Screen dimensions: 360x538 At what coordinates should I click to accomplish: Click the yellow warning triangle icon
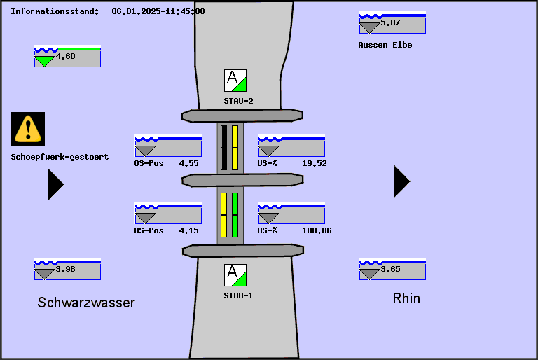[x=28, y=128]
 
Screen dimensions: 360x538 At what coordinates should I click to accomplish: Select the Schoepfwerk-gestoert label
[x=60, y=157]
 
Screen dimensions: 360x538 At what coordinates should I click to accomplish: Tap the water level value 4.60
[x=65, y=56]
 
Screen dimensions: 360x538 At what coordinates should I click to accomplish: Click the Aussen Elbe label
[x=385, y=45]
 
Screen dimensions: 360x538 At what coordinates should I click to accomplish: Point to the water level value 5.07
[x=390, y=22]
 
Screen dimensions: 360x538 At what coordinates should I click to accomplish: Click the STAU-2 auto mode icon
[x=235, y=81]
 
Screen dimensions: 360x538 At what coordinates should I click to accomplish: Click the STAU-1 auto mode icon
[x=235, y=275]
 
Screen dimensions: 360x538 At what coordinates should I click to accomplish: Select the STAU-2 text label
[x=238, y=101]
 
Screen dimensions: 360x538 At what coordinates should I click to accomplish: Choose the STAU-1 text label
[x=238, y=296]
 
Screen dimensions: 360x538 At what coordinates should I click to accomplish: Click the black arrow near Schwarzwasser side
[x=55, y=184]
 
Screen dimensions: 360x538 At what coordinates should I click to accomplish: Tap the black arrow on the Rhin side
[x=401, y=181]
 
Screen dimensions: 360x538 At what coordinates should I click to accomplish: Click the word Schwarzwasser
[x=86, y=303]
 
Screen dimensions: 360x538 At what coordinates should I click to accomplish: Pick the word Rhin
[x=406, y=298]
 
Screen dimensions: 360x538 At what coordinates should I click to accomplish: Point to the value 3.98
[x=65, y=269]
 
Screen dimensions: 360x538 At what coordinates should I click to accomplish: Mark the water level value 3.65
[x=390, y=269]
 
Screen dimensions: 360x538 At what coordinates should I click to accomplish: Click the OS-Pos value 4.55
[x=188, y=163]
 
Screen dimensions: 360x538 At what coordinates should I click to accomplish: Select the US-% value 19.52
[x=314, y=163]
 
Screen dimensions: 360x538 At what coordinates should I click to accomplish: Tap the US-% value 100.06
[x=317, y=230]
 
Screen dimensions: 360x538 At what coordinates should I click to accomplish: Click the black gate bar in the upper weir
[x=224, y=148]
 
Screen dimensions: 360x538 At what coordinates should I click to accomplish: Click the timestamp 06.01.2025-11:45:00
[x=158, y=11]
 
